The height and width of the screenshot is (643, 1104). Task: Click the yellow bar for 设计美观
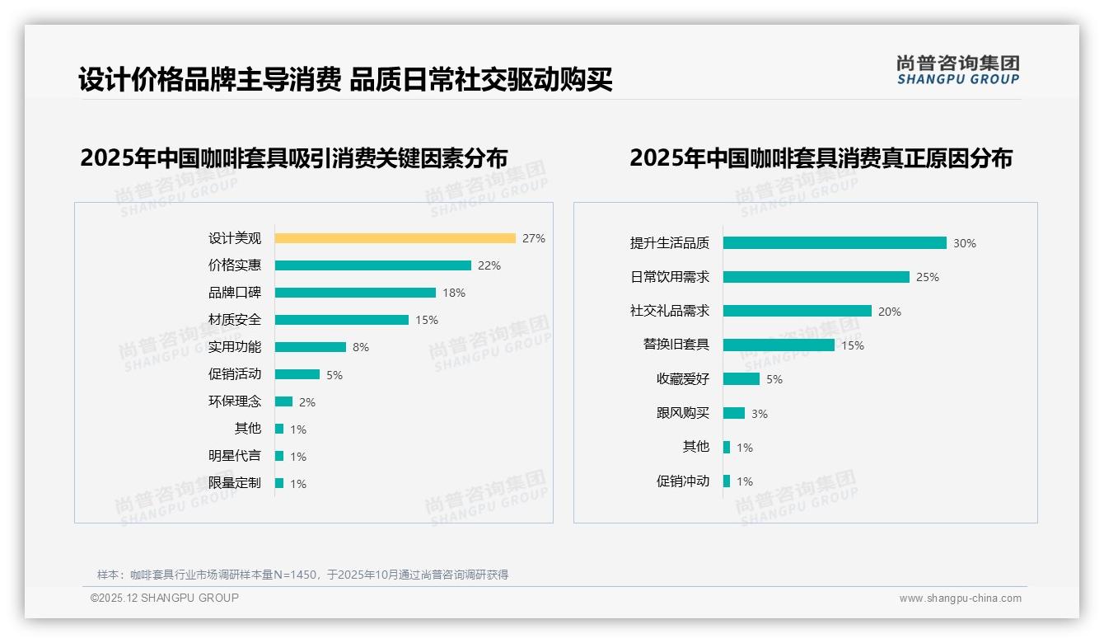click(395, 238)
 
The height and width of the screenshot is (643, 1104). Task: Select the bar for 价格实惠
click(372, 265)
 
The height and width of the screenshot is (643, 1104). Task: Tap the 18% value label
click(454, 293)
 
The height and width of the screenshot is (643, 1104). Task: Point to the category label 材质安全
click(234, 320)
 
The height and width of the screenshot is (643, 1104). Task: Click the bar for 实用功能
click(310, 347)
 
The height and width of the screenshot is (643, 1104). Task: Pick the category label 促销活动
click(234, 374)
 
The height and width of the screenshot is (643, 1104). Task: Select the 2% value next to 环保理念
click(307, 402)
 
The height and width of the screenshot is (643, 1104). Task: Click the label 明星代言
click(234, 456)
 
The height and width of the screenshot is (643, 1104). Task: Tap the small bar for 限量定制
click(279, 483)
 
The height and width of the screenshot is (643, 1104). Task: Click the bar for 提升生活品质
click(835, 243)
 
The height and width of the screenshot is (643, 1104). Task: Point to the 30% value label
click(965, 243)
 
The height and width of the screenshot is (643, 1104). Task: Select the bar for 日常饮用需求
click(816, 277)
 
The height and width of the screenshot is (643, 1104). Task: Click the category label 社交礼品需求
click(669, 311)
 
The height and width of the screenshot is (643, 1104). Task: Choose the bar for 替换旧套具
click(779, 345)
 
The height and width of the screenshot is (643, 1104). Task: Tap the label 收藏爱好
click(682, 379)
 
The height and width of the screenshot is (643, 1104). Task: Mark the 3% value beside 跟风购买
click(760, 414)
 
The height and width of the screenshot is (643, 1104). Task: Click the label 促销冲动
click(682, 481)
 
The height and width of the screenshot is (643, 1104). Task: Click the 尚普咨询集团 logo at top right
click(958, 70)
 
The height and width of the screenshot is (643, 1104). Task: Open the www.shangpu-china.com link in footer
click(960, 598)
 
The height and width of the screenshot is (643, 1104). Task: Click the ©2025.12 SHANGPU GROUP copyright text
click(165, 598)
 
